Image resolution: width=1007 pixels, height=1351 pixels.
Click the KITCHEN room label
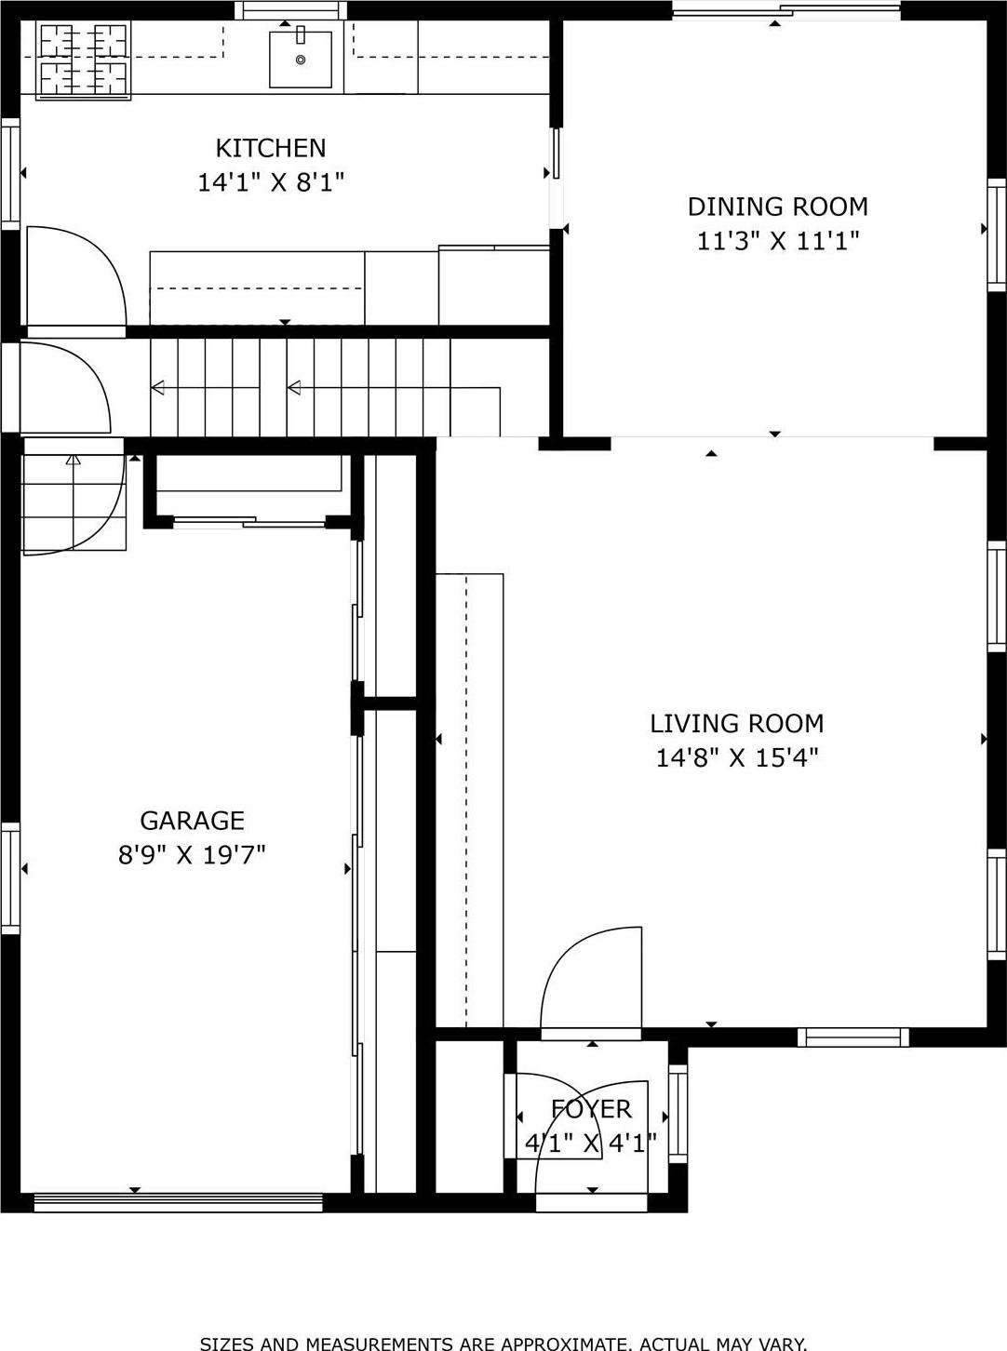pyautogui.click(x=271, y=148)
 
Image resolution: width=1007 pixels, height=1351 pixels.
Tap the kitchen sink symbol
pyautogui.click(x=300, y=60)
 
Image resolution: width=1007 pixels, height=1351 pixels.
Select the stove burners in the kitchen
pyautogui.click(x=83, y=60)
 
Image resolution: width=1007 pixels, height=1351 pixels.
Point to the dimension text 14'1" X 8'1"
pyautogui.click(x=271, y=182)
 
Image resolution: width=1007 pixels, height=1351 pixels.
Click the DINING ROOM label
pyautogui.click(x=777, y=207)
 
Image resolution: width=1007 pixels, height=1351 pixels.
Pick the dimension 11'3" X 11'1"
pyautogui.click(x=777, y=241)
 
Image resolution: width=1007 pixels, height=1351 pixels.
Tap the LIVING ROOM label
pyautogui.click(x=736, y=723)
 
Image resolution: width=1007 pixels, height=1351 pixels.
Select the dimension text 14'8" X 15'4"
pyautogui.click(x=736, y=757)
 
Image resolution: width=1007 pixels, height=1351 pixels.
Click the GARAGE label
pyautogui.click(x=192, y=820)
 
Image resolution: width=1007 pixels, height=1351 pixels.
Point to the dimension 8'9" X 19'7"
pyautogui.click(x=192, y=854)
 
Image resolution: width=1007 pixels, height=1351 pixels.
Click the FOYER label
pyautogui.click(x=591, y=1108)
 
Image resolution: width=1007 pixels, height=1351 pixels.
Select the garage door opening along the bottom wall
pyautogui.click(x=178, y=1202)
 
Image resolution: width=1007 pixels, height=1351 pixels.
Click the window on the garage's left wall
pyautogui.click(x=10, y=877)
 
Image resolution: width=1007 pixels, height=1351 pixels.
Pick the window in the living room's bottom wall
pyautogui.click(x=853, y=1037)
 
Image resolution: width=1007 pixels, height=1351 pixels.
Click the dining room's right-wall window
pyautogui.click(x=996, y=234)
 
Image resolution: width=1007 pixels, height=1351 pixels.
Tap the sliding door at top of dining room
pyautogui.click(x=786, y=11)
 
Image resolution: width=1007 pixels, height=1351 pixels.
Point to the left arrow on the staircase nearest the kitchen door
pyautogui.click(x=158, y=388)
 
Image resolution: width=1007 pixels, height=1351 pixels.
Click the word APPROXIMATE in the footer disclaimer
pyautogui.click(x=564, y=1343)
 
